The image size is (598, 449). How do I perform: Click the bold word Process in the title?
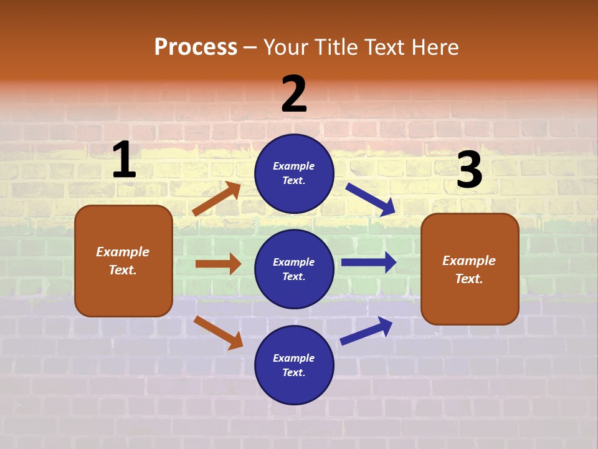[196, 47]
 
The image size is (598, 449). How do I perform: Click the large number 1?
[124, 160]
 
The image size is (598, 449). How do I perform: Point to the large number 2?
[294, 94]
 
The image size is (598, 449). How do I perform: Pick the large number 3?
[469, 170]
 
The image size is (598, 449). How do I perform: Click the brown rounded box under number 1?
[123, 261]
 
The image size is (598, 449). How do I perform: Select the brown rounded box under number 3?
[470, 269]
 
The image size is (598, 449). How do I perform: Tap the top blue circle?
[294, 173]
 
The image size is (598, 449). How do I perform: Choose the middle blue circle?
[294, 269]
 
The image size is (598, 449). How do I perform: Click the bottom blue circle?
[294, 365]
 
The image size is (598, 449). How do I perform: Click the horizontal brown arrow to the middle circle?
[218, 264]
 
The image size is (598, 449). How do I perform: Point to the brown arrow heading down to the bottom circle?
[219, 332]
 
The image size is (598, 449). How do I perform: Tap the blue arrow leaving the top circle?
[370, 199]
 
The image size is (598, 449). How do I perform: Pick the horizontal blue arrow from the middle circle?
[369, 262]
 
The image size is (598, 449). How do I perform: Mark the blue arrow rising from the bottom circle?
[366, 331]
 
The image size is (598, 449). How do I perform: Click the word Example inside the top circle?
[294, 166]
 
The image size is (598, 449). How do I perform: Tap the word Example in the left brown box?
[123, 252]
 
